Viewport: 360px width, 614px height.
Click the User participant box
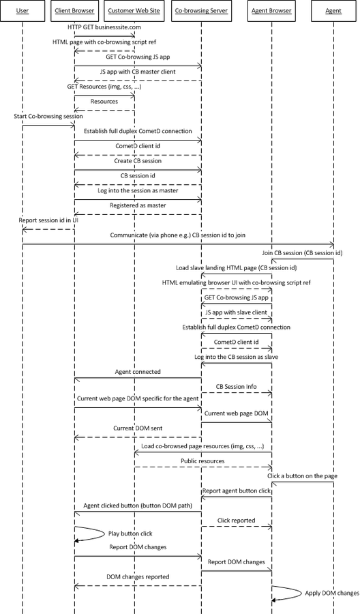tap(22, 10)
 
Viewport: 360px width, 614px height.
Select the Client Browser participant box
tap(74, 10)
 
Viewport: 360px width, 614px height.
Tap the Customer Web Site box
tap(134, 10)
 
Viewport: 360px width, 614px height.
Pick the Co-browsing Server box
tap(201, 10)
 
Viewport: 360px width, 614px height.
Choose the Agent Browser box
tap(271, 10)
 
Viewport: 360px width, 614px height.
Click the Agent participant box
tap(333, 10)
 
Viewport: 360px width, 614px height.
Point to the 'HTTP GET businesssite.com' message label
tap(104, 27)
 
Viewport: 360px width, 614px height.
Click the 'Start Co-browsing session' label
tap(48, 116)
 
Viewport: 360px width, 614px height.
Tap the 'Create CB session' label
tap(138, 161)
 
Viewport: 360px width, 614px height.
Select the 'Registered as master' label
tap(138, 205)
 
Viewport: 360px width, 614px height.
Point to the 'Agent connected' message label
tap(138, 372)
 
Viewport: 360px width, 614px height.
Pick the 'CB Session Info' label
tap(237, 387)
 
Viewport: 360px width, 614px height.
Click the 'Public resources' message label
tap(202, 461)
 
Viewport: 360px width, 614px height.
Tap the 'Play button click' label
tap(130, 533)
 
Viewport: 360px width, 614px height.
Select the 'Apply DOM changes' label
tap(332, 594)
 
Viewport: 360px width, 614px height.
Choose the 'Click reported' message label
tap(237, 521)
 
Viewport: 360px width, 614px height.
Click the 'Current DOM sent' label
tap(138, 428)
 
